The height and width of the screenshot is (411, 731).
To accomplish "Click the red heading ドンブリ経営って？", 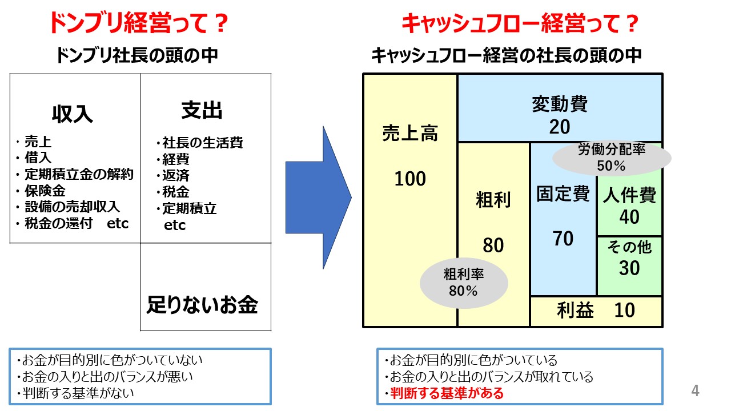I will pos(139,24).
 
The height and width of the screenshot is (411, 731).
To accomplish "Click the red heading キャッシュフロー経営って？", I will pos(519,24).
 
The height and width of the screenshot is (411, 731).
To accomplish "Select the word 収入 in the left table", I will pos(73,114).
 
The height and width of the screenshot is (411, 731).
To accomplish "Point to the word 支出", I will pos(202,111).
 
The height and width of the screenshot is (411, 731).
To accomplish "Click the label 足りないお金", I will pos(202,305).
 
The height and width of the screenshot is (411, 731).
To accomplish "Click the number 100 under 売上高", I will pos(410,179).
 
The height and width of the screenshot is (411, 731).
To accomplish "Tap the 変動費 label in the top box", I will pos(560,104).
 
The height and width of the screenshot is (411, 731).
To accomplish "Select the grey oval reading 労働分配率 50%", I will pos(611,158).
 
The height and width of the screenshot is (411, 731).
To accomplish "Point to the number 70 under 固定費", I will pos(563,239).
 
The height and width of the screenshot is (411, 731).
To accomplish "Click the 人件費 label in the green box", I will pos(629,196).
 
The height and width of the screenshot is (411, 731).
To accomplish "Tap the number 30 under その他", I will pos(629,268).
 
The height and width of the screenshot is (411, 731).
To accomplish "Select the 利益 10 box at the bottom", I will pos(596,311).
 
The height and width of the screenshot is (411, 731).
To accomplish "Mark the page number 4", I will pos(695,391).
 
